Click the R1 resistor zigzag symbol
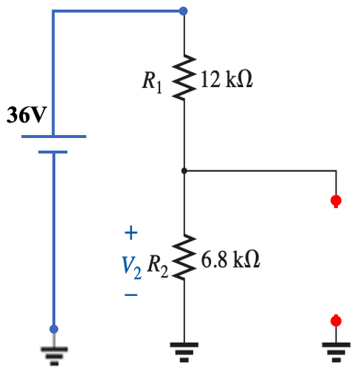click(184, 77)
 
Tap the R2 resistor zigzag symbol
click(184, 258)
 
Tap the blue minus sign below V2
click(131, 294)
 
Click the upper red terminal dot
click(336, 200)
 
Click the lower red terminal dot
click(336, 320)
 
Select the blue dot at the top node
click(184, 11)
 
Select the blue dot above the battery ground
click(53, 329)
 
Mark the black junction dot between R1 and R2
click(184, 170)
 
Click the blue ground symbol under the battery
click(53, 353)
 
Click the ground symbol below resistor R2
click(184, 347)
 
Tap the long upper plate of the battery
click(54, 137)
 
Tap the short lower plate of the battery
click(53, 152)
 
